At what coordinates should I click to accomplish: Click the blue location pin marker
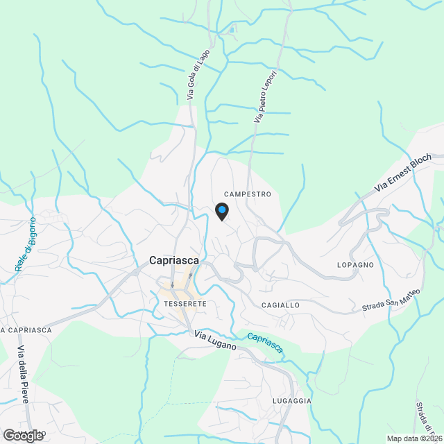[x=221, y=210]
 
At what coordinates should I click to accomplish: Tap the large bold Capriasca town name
[x=174, y=261]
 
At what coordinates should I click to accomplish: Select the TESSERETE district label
[x=186, y=304]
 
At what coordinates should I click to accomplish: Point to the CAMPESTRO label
[x=248, y=195]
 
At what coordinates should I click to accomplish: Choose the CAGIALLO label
[x=280, y=305]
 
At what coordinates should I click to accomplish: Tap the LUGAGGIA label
[x=291, y=401]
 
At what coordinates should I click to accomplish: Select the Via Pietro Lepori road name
[x=266, y=96]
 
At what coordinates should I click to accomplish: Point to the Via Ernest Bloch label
[x=402, y=173]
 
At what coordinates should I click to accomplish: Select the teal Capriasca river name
[x=265, y=343]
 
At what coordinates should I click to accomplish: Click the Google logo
[x=23, y=436]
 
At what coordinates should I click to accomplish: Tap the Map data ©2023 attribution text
[x=413, y=438]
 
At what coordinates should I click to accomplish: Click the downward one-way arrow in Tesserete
[x=173, y=284]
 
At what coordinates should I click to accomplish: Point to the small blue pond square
[x=232, y=29]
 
